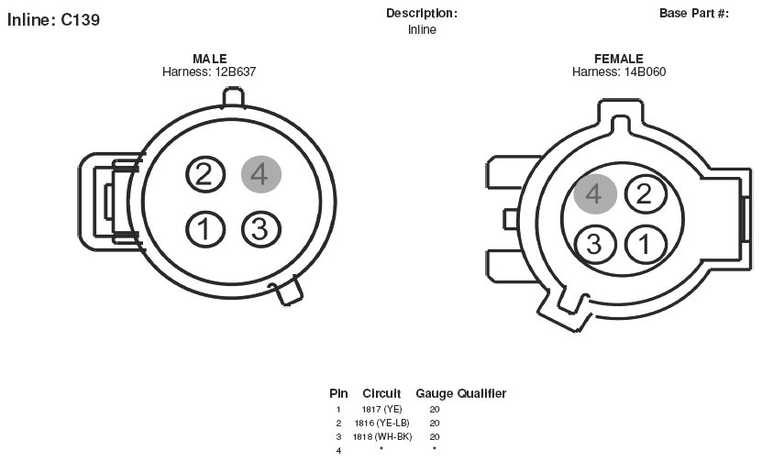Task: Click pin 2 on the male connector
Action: click(205, 174)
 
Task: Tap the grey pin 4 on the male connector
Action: click(261, 174)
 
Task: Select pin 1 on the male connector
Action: click(205, 229)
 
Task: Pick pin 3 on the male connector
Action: click(261, 229)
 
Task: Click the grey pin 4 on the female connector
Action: click(595, 193)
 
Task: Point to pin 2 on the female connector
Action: click(646, 193)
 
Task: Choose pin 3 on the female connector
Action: click(595, 244)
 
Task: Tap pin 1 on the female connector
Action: click(646, 244)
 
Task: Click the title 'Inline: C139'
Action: click(53, 20)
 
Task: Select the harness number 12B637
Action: click(236, 71)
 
